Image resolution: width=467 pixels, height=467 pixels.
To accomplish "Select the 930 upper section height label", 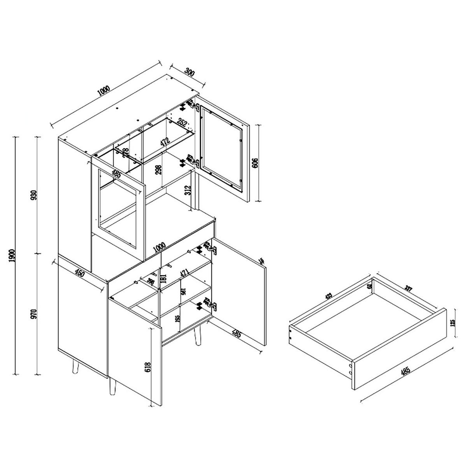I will pyautogui.click(x=34, y=195).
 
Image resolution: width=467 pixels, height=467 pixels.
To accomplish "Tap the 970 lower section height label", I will pyautogui.click(x=34, y=314).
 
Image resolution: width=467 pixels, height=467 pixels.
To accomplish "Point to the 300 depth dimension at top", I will pyautogui.click(x=189, y=72).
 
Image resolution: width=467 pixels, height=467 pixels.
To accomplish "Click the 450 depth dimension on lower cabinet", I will pyautogui.click(x=79, y=274).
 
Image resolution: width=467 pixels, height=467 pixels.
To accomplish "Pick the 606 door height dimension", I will pyautogui.click(x=255, y=163).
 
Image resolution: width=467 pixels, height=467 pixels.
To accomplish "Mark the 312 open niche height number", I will pyautogui.click(x=188, y=191).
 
